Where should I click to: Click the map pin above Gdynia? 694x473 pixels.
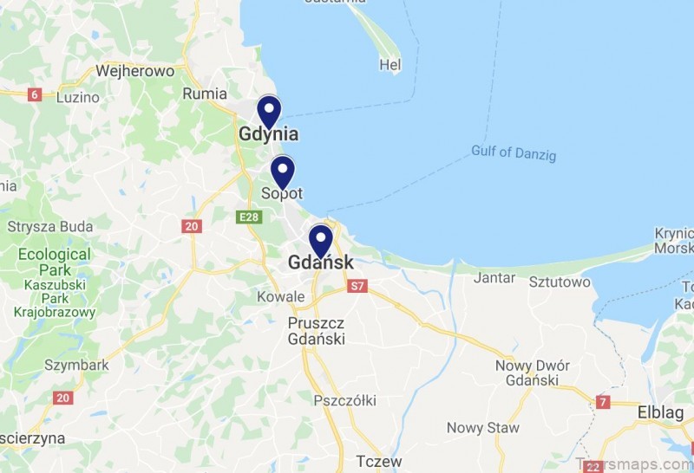269,112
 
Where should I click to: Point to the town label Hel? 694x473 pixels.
390,65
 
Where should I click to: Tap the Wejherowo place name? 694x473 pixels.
134,71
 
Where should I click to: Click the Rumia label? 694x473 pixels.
206,94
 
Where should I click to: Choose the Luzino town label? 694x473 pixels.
78,97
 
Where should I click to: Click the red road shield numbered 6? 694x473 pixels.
35,94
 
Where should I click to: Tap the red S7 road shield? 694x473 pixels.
356,285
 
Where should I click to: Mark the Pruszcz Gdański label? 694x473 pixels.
316,330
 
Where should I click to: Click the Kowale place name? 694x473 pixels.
281,297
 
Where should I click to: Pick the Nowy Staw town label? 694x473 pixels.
483,428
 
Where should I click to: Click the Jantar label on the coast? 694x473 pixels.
494,278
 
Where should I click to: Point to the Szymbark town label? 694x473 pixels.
76,365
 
